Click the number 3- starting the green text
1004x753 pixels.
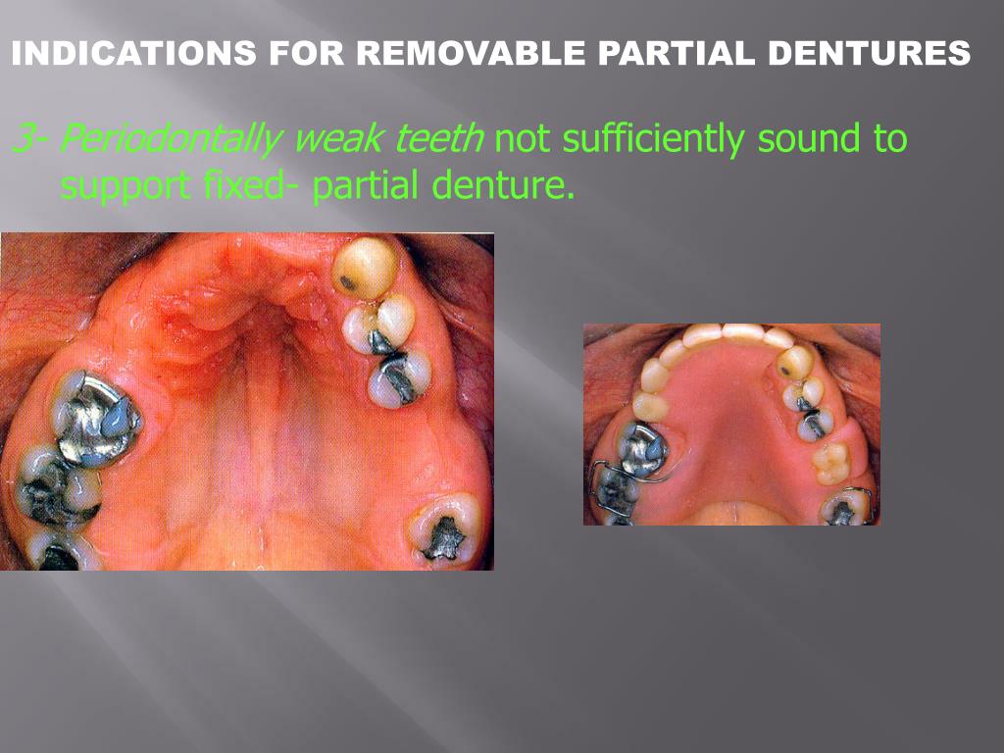coord(29,140)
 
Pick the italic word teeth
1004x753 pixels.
coord(438,140)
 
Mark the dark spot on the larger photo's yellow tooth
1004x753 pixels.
coord(347,284)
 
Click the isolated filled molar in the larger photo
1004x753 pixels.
coord(446,530)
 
